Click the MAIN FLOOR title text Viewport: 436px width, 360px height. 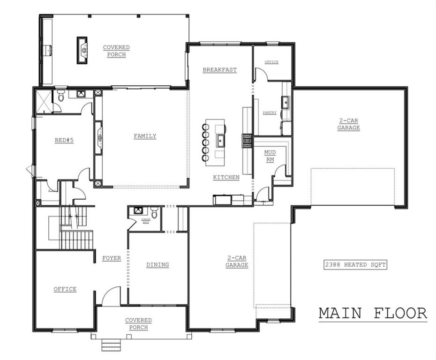(373, 313)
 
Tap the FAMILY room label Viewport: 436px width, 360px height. (145, 136)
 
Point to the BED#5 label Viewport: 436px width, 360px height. (64, 140)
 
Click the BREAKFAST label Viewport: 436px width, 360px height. (219, 70)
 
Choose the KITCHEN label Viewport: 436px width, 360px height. (226, 177)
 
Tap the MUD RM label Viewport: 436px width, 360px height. (270, 157)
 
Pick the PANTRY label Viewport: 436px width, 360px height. (269, 112)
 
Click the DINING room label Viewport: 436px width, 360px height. (158, 265)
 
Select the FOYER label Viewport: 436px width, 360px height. (112, 258)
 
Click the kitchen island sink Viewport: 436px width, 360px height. (219, 140)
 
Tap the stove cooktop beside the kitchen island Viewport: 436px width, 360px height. (247, 141)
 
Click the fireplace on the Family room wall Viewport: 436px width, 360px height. (99, 137)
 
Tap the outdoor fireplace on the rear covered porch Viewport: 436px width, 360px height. (83, 49)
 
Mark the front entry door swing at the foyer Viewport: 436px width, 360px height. (111, 296)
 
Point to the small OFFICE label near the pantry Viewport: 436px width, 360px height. (271, 62)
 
